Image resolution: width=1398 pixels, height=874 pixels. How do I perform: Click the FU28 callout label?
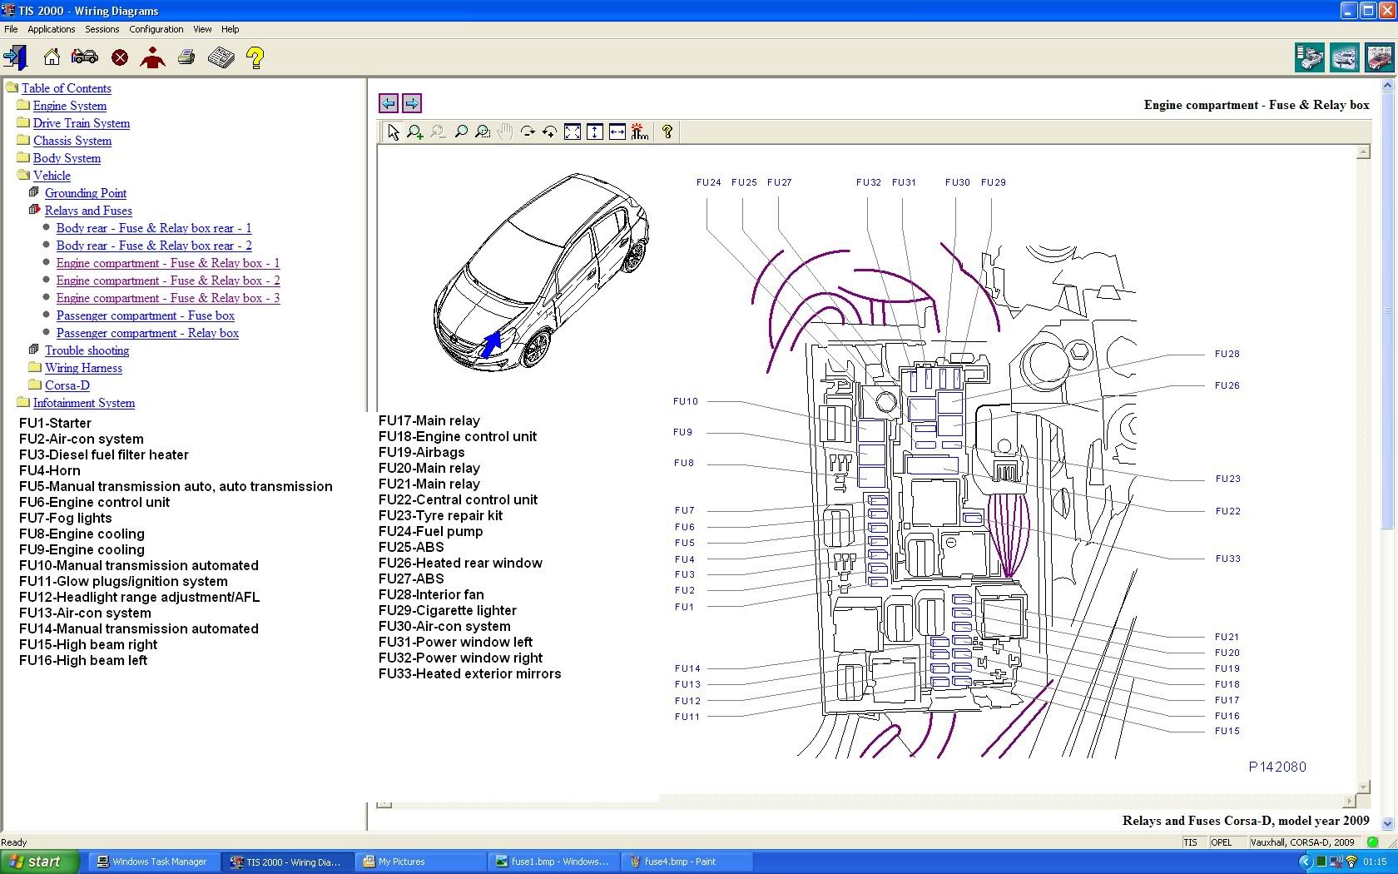pyautogui.click(x=1227, y=353)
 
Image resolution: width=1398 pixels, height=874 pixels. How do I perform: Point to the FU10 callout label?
pyautogui.click(x=686, y=401)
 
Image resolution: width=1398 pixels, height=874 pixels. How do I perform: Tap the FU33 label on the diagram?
pyautogui.click(x=1227, y=558)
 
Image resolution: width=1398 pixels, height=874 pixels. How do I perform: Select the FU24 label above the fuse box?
pyautogui.click(x=708, y=182)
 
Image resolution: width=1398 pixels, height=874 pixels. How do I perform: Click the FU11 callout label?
pyautogui.click(x=687, y=716)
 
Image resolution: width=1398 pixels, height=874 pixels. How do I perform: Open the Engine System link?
pyautogui.click(x=69, y=106)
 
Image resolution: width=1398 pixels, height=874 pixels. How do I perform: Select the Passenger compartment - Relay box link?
pyautogui.click(x=147, y=333)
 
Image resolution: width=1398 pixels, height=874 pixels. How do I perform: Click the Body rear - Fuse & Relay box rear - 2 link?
pyautogui.click(x=154, y=246)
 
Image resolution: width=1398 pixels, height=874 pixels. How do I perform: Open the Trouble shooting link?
pyautogui.click(x=87, y=350)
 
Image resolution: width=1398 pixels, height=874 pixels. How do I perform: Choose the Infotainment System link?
pyautogui.click(x=83, y=403)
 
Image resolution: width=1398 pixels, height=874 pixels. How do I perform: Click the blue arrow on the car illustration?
pyautogui.click(x=492, y=343)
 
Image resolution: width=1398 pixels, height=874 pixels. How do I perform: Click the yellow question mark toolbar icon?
pyautogui.click(x=255, y=57)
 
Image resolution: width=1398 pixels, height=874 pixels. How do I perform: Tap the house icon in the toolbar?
pyautogui.click(x=52, y=57)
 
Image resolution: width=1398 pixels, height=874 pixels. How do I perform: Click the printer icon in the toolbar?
pyautogui.click(x=186, y=57)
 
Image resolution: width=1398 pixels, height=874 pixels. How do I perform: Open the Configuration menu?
pyautogui.click(x=156, y=29)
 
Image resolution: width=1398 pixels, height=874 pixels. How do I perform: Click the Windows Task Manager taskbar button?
pyautogui.click(x=152, y=862)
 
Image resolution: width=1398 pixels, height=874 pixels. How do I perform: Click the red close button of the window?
pyautogui.click(x=1386, y=11)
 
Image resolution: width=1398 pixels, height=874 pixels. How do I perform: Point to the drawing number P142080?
pyautogui.click(x=1277, y=767)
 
